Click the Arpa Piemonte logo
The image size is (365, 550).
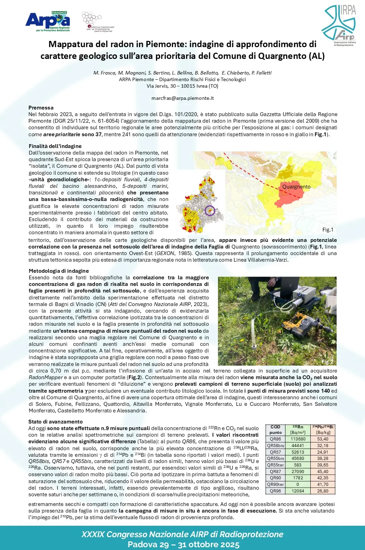click(x=48, y=21)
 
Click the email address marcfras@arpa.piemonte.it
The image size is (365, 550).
click(x=182, y=98)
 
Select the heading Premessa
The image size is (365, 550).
click(x=41, y=107)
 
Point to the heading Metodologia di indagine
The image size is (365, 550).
click(x=58, y=271)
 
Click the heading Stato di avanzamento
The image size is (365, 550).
click(x=55, y=421)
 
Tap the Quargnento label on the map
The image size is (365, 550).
click(x=296, y=186)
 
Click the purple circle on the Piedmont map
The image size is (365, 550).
click(x=210, y=210)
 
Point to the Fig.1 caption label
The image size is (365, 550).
click(x=328, y=229)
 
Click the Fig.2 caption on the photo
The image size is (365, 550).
click(x=327, y=361)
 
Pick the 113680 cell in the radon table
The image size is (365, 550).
click(x=298, y=439)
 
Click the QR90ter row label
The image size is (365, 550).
click(x=275, y=484)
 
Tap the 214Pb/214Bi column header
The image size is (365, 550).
click(x=323, y=427)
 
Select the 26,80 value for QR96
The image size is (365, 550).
click(x=323, y=491)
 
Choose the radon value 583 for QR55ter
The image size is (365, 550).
click(x=298, y=465)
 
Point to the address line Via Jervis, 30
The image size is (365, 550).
click(x=182, y=86)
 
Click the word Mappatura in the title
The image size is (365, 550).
click(x=71, y=44)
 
